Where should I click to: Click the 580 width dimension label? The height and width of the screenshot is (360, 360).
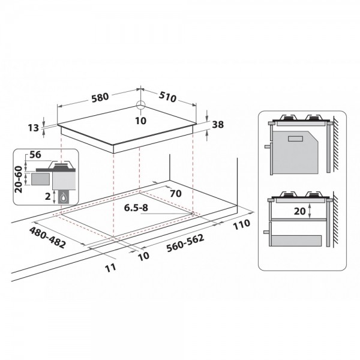[100, 97]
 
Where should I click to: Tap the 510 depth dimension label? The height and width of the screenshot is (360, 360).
[167, 97]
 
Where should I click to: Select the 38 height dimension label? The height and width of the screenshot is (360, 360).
[218, 125]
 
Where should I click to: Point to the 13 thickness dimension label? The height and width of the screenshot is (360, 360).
[34, 128]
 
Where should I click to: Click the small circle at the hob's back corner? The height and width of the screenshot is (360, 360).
[140, 106]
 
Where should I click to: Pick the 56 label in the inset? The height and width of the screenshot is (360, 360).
[35, 155]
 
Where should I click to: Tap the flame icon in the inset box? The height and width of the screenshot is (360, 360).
[63, 197]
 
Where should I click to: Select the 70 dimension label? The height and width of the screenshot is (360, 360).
[176, 194]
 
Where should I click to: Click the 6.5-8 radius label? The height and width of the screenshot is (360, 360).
[136, 208]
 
